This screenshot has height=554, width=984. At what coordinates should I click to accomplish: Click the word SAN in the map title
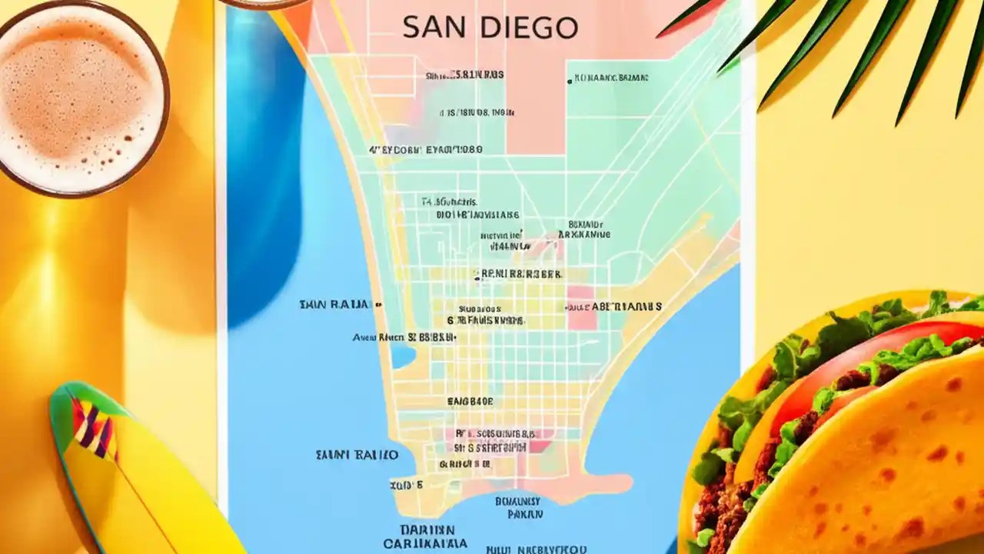click(433, 28)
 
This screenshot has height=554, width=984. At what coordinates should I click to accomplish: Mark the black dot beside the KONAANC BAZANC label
click(569, 80)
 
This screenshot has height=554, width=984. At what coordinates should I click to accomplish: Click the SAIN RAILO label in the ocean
click(357, 455)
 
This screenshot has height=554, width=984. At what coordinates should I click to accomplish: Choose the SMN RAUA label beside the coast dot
click(334, 305)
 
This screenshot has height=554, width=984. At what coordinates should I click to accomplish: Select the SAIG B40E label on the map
click(470, 401)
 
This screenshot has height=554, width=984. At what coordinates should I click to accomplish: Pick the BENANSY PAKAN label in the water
click(517, 506)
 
